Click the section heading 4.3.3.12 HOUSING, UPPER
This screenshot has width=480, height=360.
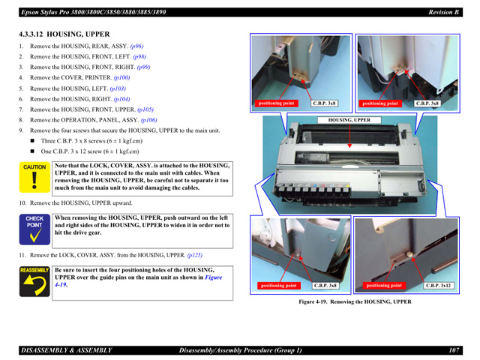tap(64, 34)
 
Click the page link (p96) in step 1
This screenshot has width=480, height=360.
tap(136, 46)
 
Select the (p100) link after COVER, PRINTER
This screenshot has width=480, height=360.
tap(121, 77)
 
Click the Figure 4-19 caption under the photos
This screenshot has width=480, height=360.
tap(355, 302)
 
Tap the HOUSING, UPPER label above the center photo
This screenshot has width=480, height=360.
tap(349, 119)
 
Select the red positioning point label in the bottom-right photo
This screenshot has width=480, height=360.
tap(384, 286)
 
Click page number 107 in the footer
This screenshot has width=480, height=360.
tap(454, 350)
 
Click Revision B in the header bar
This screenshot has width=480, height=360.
tap(444, 12)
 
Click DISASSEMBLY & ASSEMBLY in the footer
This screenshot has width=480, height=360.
tap(66, 350)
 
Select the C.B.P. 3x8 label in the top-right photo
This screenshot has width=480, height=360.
tap(427, 103)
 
